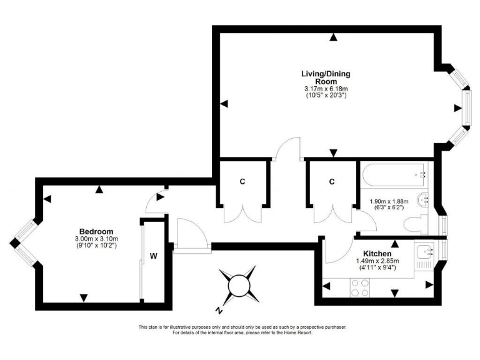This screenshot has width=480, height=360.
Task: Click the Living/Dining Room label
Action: tap(326, 77)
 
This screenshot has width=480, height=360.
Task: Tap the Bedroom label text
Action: tap(96, 231)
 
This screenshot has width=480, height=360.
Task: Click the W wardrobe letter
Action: tap(152, 256)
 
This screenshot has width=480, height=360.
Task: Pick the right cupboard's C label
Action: tap(332, 182)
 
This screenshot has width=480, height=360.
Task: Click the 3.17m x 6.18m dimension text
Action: tap(326, 89)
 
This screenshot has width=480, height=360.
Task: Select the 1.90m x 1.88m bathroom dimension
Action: tap(389, 201)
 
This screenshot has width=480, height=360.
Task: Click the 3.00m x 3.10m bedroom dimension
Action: tap(96, 239)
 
